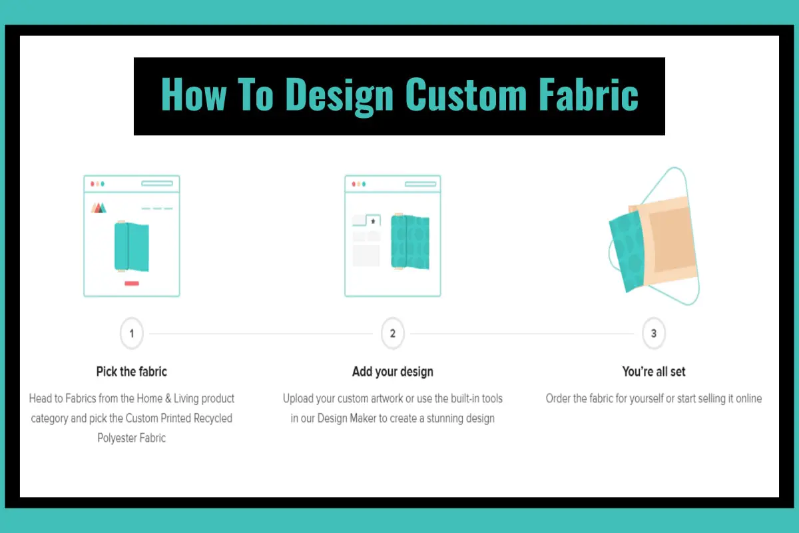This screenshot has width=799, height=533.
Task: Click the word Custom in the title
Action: pos(466,94)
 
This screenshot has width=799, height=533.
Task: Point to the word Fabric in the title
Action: pos(589,94)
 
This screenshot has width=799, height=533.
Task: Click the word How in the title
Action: pos(194,94)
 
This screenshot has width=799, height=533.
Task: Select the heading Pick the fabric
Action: pos(132,372)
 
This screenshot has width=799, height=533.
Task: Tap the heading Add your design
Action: pos(393,372)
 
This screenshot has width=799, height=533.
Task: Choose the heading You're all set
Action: pos(653,372)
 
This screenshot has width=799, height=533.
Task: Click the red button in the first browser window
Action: pos(132,283)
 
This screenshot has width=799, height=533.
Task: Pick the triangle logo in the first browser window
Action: pos(99,208)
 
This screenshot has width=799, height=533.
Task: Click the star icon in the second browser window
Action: pos(373,221)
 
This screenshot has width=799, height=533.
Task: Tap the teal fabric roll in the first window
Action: pos(132,247)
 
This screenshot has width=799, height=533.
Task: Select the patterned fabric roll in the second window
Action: pos(410,242)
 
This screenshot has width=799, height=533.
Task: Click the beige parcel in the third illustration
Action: pos(665,239)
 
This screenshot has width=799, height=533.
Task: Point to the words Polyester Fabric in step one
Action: pos(132,438)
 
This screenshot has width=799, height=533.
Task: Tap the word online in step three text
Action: pos(748,398)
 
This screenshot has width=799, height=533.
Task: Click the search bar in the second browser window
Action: pos(420,184)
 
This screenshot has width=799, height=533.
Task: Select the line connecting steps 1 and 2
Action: pos(261,334)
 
